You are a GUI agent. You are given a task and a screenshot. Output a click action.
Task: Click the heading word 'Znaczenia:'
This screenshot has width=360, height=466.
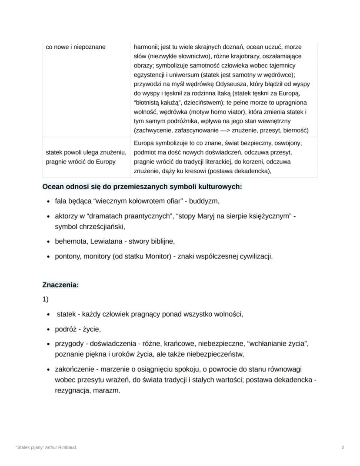pyautogui.click(x=60, y=285)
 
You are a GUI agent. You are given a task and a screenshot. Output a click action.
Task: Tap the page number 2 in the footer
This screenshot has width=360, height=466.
pyautogui.click(x=343, y=447)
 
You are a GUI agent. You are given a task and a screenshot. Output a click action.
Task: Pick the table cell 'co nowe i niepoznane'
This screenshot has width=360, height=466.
pyautogui.click(x=76, y=47)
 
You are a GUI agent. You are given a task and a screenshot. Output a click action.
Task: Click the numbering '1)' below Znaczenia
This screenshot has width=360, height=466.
pyautogui.click(x=45, y=299)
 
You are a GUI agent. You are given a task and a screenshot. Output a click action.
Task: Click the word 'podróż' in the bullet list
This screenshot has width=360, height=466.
pyautogui.click(x=65, y=329)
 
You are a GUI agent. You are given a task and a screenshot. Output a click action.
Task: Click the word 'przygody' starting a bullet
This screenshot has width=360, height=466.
pyautogui.click(x=69, y=344)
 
